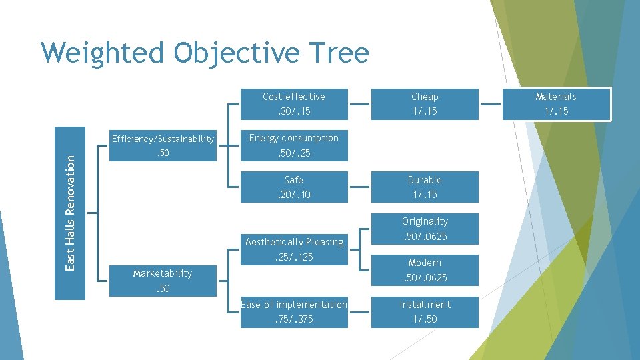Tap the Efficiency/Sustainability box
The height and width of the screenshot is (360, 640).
point(163,146)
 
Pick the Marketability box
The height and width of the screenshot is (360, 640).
point(163,281)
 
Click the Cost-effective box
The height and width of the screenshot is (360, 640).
point(294,104)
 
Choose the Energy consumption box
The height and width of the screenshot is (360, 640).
point(294,146)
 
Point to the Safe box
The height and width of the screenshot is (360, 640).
point(294,187)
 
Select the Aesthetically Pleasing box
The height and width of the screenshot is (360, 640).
point(294,249)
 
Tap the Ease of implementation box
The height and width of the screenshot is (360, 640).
point(294,312)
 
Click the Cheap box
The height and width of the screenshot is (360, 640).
point(425,104)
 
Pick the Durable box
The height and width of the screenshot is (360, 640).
point(425,187)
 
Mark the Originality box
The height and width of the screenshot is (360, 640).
point(425,229)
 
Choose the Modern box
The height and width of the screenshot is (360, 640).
point(425,270)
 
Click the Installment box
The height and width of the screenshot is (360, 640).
point(425,312)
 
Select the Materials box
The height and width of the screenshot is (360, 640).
point(556,104)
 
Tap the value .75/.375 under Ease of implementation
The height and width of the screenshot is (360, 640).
point(294,319)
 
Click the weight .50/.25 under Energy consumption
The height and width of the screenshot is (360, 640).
point(294,153)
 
